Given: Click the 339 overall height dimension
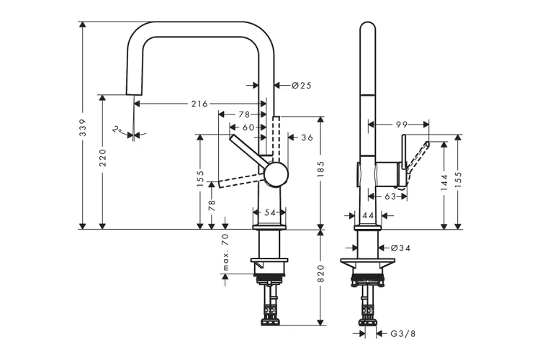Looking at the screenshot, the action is [83, 127].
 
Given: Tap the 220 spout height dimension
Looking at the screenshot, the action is [103, 158].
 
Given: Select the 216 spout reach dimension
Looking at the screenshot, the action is [199, 104].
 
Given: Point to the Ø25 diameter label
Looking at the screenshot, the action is [302, 85].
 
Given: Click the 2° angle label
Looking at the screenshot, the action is [117, 130].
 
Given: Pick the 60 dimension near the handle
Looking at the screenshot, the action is [248, 127].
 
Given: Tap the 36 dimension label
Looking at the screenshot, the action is [307, 138].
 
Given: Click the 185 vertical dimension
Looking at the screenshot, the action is [321, 168].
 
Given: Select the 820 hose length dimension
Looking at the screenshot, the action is [321, 274].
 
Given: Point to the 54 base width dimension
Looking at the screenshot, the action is [270, 213].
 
